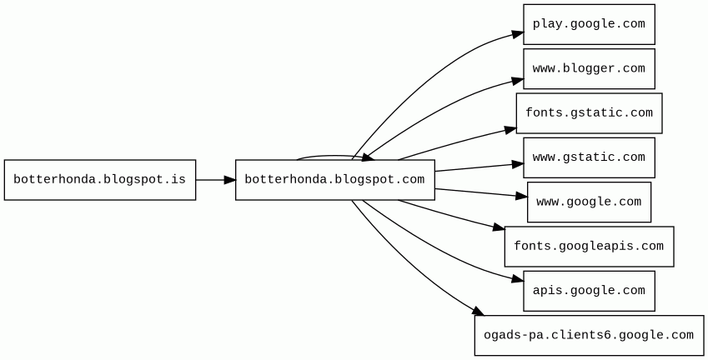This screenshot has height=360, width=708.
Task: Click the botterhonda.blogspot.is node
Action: (x=100, y=180)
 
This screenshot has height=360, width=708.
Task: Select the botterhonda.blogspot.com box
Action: (x=334, y=180)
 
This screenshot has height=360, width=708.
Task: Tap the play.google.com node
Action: (x=589, y=24)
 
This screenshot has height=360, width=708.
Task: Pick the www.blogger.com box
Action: (x=589, y=68)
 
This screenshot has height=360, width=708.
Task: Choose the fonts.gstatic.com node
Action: (x=589, y=113)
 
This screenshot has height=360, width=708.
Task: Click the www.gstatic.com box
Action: (x=589, y=157)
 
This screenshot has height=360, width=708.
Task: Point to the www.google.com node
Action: (x=589, y=202)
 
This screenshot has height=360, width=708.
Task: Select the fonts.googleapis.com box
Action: (x=589, y=247)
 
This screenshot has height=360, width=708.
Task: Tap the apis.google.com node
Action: (x=589, y=291)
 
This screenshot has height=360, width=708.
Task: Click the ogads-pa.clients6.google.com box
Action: (x=589, y=335)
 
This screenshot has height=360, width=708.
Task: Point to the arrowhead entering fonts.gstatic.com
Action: (x=510, y=129)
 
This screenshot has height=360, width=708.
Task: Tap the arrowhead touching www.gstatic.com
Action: (x=518, y=164)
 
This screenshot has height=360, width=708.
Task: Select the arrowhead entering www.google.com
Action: (x=522, y=197)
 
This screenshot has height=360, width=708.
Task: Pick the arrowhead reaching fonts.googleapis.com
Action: (x=499, y=227)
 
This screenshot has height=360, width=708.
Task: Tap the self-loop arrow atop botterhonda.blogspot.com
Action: (x=329, y=156)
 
